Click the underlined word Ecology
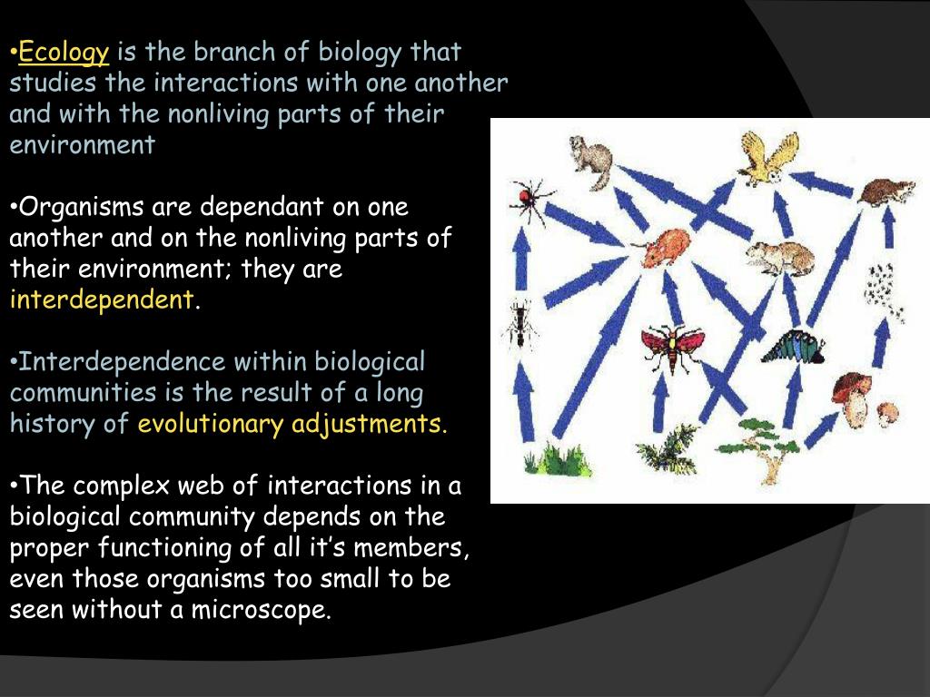pos(64,53)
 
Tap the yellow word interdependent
pos(102,299)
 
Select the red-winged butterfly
pos(672,347)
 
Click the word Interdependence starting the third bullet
pos(124,362)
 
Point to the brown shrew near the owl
pos(886,191)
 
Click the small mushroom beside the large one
pos(887,413)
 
